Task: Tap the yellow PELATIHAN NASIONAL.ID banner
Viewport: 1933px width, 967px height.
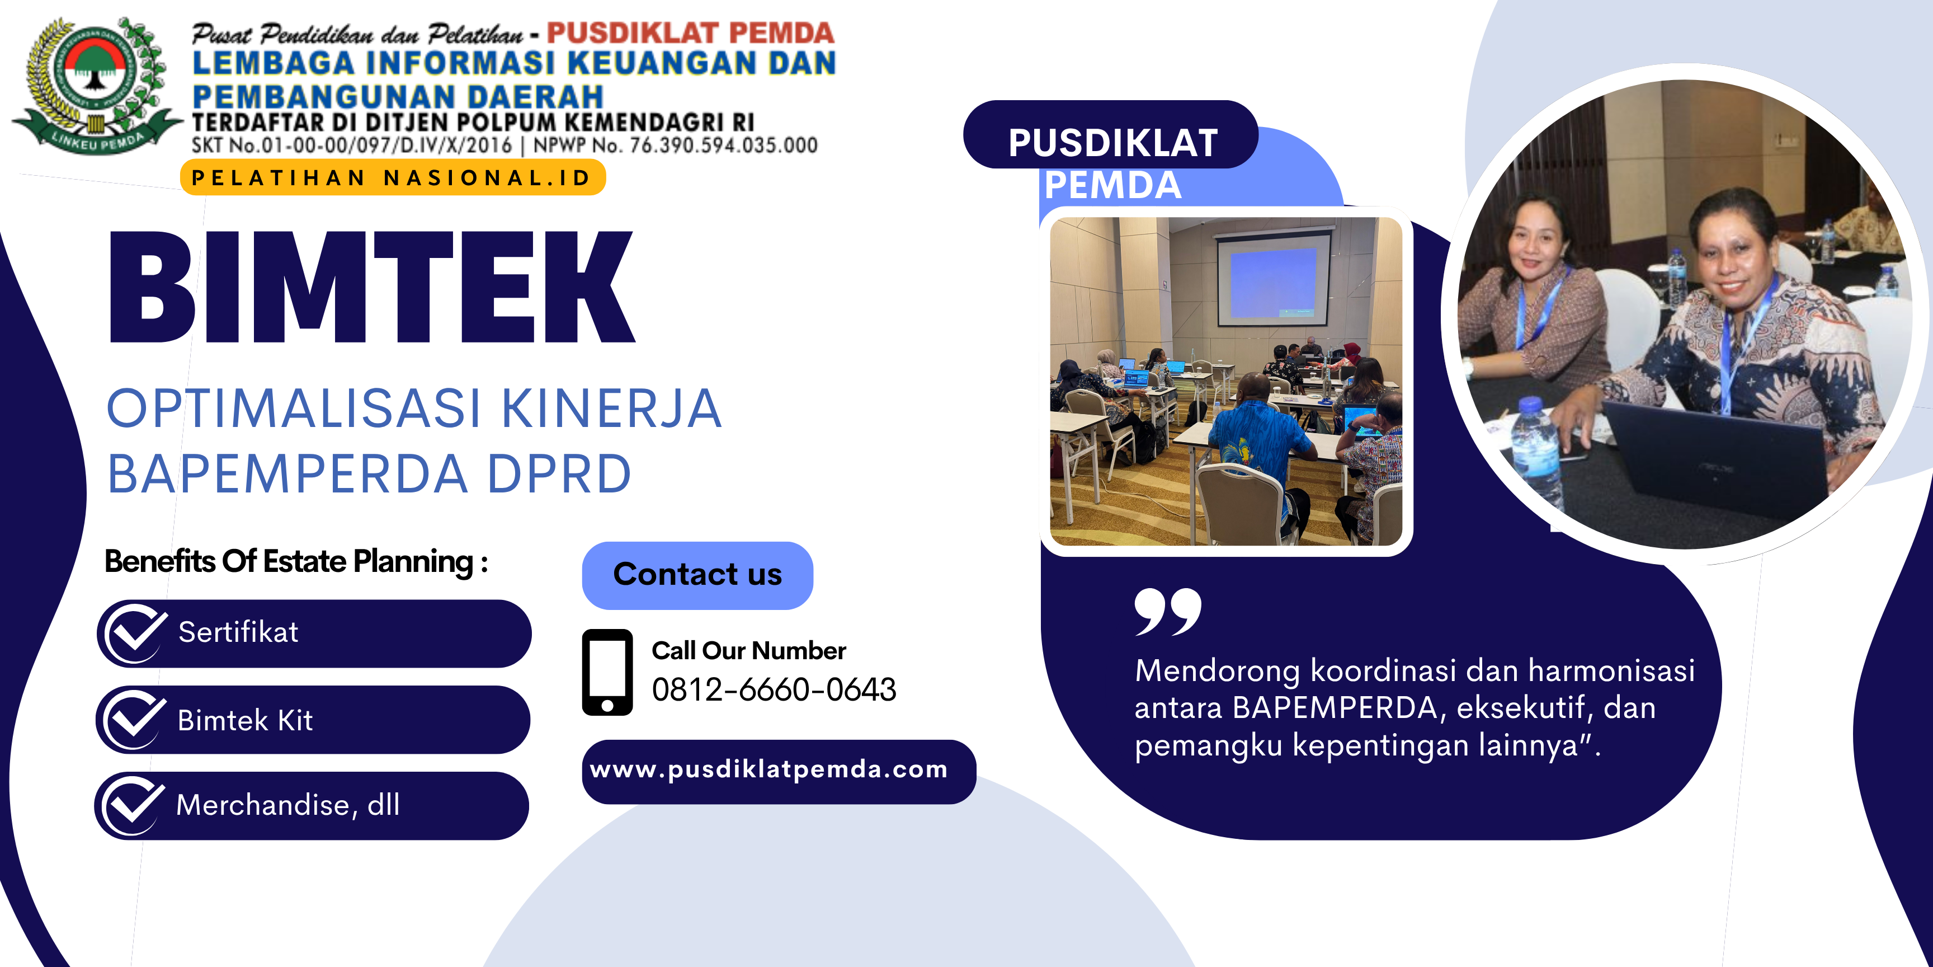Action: tap(393, 178)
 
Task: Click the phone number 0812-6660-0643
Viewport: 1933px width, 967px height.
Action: tap(774, 689)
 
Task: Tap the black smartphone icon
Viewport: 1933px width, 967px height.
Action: tap(607, 672)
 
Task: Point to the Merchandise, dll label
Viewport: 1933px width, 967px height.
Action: tap(288, 805)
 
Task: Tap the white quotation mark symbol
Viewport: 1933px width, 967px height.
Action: tap(1168, 612)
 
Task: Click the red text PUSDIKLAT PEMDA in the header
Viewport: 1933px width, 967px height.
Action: tap(690, 32)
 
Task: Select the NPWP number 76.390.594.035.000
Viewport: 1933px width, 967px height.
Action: tap(723, 145)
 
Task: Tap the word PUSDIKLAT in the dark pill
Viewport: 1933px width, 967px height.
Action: tap(1113, 143)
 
